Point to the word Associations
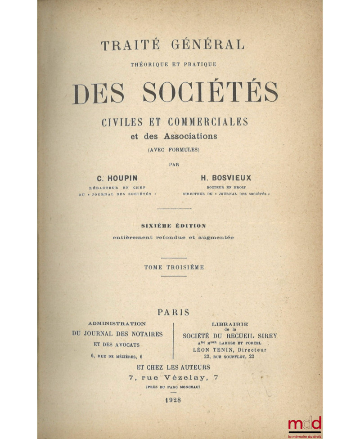tap(191, 136)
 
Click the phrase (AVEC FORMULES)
tap(174, 150)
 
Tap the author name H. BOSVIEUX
tap(226, 178)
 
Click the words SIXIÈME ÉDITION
tap(174, 226)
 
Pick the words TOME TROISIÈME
tap(174, 267)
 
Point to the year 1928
tap(173, 401)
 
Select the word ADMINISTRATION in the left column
tap(117, 323)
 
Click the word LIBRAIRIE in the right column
tap(229, 323)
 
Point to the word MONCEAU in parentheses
tap(189, 387)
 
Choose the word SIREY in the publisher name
tap(266, 336)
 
